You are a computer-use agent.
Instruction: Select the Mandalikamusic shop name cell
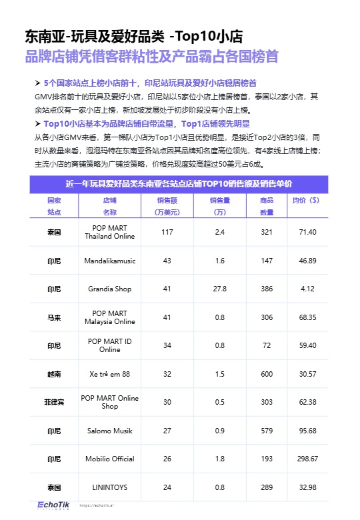point(110,261)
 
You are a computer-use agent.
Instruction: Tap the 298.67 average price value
point(307,459)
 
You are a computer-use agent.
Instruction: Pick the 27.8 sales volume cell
point(219,289)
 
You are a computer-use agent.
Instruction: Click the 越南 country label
point(54,374)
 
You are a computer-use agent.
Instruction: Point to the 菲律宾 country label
point(54,402)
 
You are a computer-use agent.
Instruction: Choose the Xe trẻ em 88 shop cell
point(110,374)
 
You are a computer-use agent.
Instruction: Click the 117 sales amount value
point(167,232)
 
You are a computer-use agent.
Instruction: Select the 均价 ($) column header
point(306,200)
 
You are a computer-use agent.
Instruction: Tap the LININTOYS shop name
point(110,487)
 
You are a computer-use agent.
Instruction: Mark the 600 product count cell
point(267,374)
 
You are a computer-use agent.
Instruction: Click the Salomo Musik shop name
point(110,431)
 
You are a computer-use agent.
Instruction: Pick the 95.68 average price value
point(307,431)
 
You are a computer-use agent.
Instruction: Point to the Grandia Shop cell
point(110,289)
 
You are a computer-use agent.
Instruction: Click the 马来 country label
point(54,317)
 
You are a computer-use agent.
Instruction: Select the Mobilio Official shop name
point(110,459)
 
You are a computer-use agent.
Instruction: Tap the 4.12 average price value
point(307,289)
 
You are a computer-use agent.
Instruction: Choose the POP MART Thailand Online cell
point(110,232)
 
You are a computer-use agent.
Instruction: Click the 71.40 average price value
point(307,232)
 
